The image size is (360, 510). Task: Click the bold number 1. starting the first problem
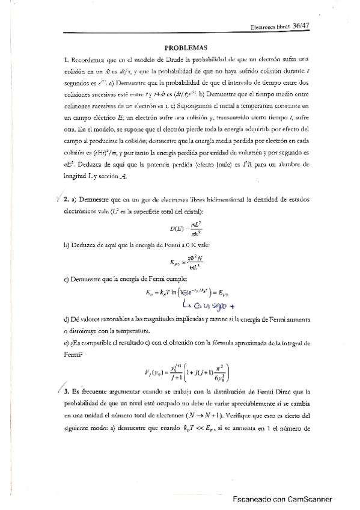pos(66,60)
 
